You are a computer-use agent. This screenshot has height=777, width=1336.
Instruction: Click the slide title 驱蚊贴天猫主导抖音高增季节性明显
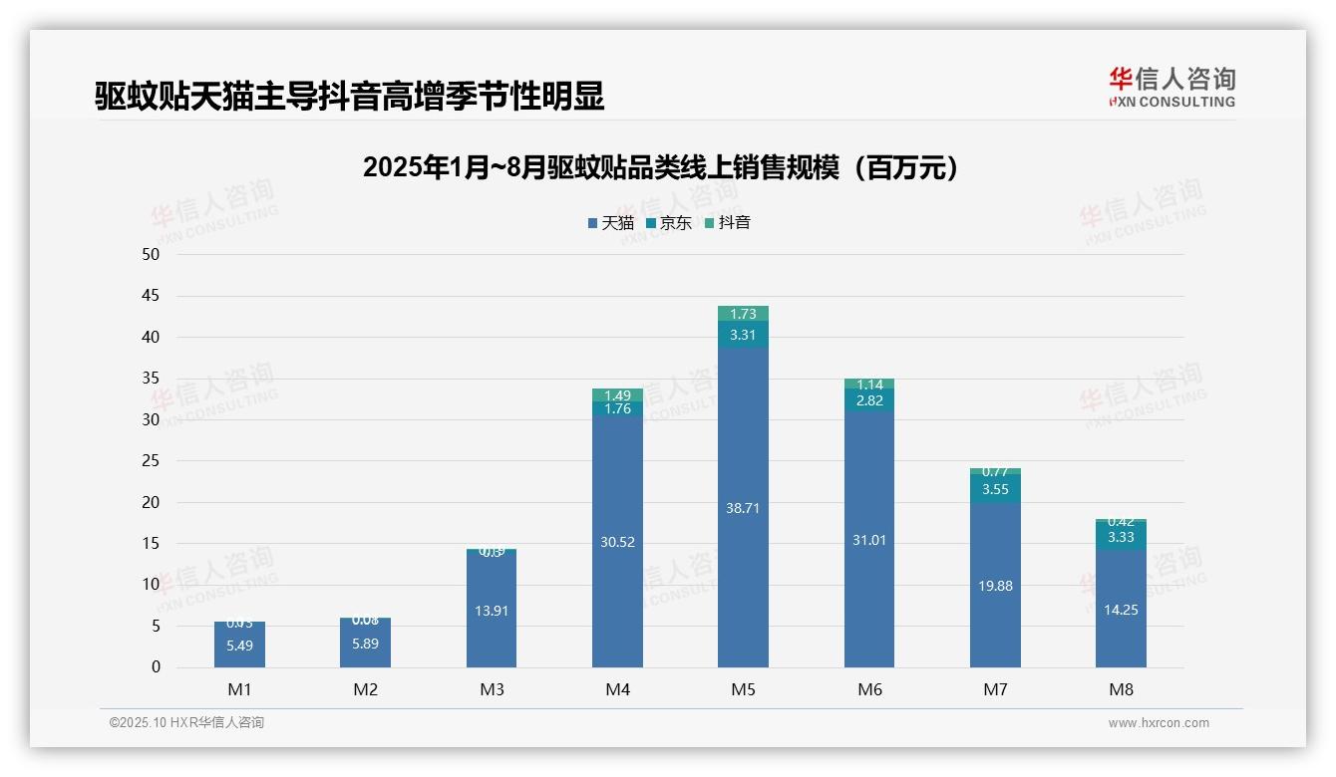point(350,97)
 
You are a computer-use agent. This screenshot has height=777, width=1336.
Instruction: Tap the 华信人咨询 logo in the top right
point(1171,87)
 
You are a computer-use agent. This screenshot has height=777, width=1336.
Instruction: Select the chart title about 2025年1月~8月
point(660,167)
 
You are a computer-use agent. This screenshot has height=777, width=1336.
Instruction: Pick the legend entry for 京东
point(669,223)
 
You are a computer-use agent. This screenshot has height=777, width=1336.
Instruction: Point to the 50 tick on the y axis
point(151,254)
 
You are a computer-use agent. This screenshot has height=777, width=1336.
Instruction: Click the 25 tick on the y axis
point(151,460)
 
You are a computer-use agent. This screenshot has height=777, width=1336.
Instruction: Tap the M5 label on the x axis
point(743,689)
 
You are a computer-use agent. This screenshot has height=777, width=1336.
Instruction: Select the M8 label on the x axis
point(1121,689)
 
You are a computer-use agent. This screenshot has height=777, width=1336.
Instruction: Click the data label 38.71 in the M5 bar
point(743,508)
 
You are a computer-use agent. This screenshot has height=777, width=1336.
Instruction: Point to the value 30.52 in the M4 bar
point(617,543)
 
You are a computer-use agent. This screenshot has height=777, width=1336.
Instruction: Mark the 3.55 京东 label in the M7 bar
point(995,489)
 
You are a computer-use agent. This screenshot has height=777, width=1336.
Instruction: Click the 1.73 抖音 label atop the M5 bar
point(743,314)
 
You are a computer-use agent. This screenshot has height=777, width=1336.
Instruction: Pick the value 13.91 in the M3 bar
point(492,611)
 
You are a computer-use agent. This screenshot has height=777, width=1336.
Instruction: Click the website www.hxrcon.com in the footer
point(1159,723)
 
